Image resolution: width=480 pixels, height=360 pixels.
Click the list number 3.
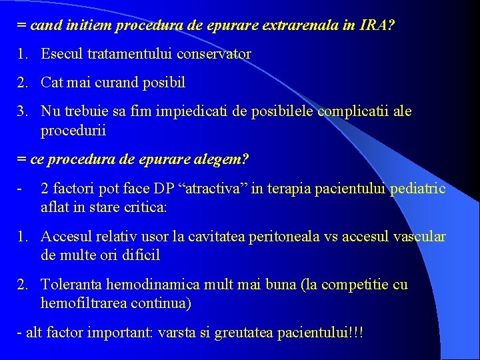click(22, 111)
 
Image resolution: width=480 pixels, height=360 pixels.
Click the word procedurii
click(73, 130)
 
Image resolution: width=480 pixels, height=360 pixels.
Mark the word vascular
click(419, 237)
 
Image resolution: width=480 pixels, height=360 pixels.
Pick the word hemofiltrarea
click(85, 303)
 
